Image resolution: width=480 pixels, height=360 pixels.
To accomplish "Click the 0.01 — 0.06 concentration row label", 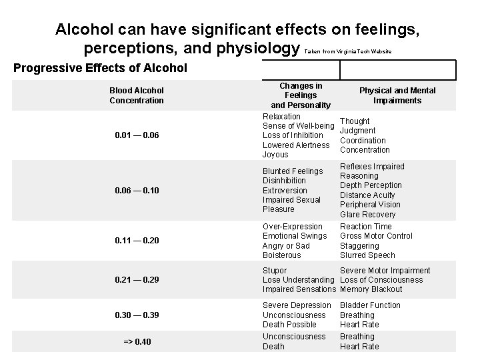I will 137,135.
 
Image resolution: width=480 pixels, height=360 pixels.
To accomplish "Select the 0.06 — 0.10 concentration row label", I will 137,190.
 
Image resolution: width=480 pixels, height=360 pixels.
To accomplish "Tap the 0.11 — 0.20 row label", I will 137,241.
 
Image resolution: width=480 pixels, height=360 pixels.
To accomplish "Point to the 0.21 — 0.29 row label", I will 137,279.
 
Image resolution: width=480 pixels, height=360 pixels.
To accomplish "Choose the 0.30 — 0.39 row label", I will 137,315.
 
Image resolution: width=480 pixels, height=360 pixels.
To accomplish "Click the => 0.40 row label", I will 137,342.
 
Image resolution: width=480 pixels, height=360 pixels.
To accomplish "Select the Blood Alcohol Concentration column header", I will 137,95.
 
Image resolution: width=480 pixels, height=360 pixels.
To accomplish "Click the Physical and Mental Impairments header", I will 397,95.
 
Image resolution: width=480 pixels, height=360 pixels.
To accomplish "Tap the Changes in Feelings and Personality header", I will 301,95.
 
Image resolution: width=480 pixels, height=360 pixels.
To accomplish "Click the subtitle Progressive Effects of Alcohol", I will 101,68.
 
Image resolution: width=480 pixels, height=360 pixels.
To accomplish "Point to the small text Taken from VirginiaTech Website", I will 347,52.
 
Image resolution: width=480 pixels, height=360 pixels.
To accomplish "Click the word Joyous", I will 275,155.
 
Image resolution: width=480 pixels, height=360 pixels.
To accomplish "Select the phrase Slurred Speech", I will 367,255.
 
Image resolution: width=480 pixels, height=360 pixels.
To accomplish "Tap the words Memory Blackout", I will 371,289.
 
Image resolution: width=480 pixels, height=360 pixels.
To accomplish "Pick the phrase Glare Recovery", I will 367,215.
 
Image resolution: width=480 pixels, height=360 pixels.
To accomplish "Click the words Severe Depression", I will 297,305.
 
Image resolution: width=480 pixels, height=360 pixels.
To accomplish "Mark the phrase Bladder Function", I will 370,305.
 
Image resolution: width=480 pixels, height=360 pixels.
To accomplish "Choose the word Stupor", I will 275,271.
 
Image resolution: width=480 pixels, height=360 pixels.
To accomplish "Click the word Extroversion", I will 285,190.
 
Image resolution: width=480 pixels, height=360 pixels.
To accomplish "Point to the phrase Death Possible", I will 289,325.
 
